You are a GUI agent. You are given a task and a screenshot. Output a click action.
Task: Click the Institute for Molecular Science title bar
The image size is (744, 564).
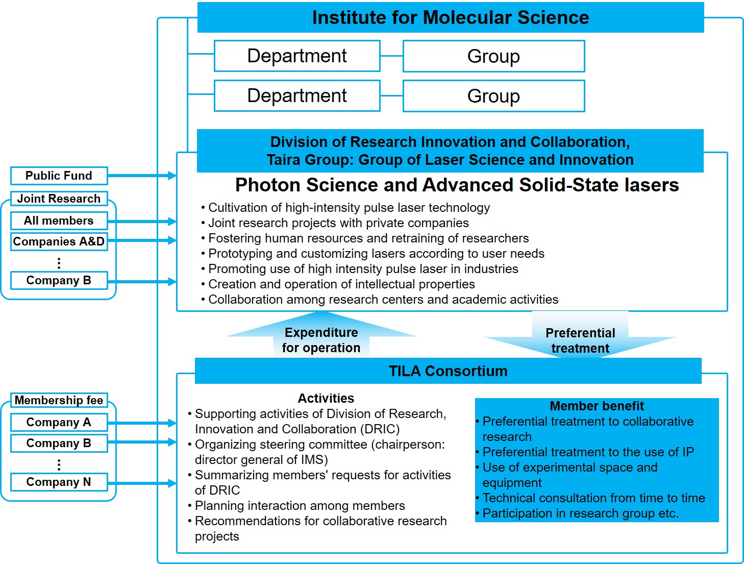click(x=450, y=18)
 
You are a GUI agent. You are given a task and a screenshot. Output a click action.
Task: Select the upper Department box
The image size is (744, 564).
click(x=297, y=56)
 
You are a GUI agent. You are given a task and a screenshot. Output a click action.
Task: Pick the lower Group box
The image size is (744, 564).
click(x=493, y=96)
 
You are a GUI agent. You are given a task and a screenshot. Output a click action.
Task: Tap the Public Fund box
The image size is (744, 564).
click(x=59, y=176)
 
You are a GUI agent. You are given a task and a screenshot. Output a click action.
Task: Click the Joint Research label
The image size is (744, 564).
click(x=59, y=199)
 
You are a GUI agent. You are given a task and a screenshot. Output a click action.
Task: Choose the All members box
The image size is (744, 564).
click(x=59, y=221)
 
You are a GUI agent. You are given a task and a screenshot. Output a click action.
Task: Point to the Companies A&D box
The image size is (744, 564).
click(x=59, y=241)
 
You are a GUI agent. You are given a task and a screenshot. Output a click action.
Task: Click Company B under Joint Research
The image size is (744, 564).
click(x=59, y=280)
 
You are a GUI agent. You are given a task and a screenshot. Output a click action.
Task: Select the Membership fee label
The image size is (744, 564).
click(x=59, y=400)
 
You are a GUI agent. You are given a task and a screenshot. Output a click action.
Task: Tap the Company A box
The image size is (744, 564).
click(x=59, y=423)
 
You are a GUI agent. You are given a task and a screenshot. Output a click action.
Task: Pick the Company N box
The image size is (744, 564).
click(x=59, y=482)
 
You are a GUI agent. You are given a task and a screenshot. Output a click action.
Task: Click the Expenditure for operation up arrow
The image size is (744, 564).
click(x=321, y=337)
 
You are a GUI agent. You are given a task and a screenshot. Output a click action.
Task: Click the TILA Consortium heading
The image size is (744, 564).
click(x=448, y=371)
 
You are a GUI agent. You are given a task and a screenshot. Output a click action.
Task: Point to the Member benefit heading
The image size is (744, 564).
click(x=597, y=406)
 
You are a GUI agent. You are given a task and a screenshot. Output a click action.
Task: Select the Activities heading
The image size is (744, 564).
click(x=326, y=398)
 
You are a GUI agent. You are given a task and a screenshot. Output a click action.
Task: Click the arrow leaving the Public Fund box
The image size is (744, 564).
click(x=142, y=176)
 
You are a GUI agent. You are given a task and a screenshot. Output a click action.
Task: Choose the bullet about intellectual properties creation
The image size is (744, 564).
click(x=341, y=284)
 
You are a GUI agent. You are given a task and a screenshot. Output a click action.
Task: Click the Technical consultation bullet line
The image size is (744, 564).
click(x=593, y=498)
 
